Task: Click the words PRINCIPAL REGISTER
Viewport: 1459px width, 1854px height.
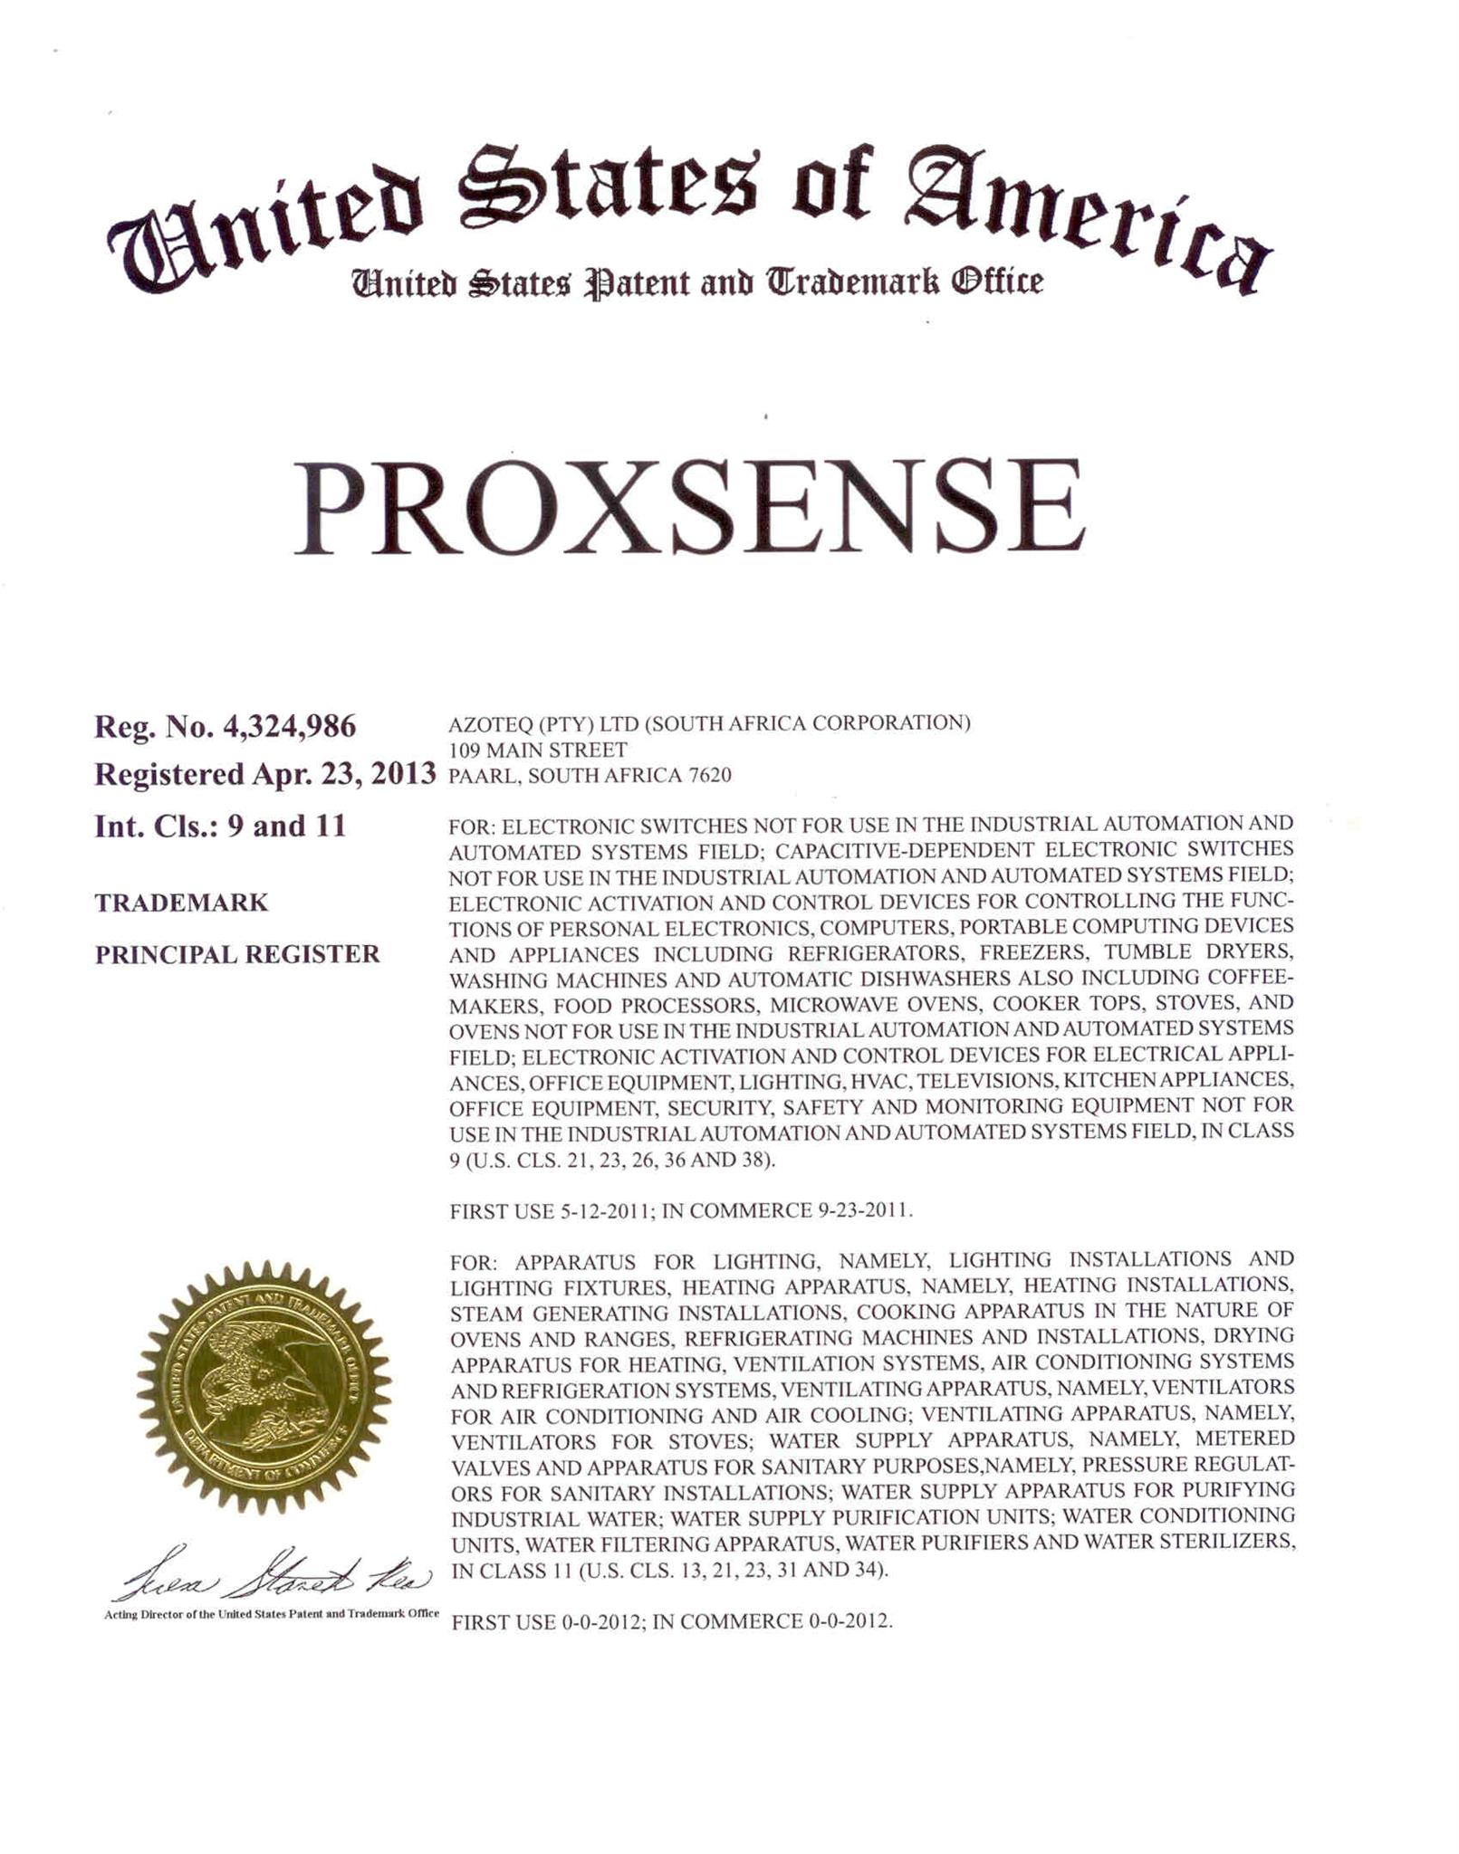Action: coord(237,954)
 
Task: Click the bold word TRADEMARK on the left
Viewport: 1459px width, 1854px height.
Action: coord(181,903)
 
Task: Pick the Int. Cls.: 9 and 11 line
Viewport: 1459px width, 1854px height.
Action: coord(220,827)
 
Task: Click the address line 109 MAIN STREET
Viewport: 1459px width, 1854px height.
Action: coord(538,750)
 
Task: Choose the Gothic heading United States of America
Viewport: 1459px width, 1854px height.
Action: coord(688,213)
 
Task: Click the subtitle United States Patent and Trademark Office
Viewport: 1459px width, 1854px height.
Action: coord(697,282)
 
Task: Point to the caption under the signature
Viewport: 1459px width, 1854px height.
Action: coord(272,1614)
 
